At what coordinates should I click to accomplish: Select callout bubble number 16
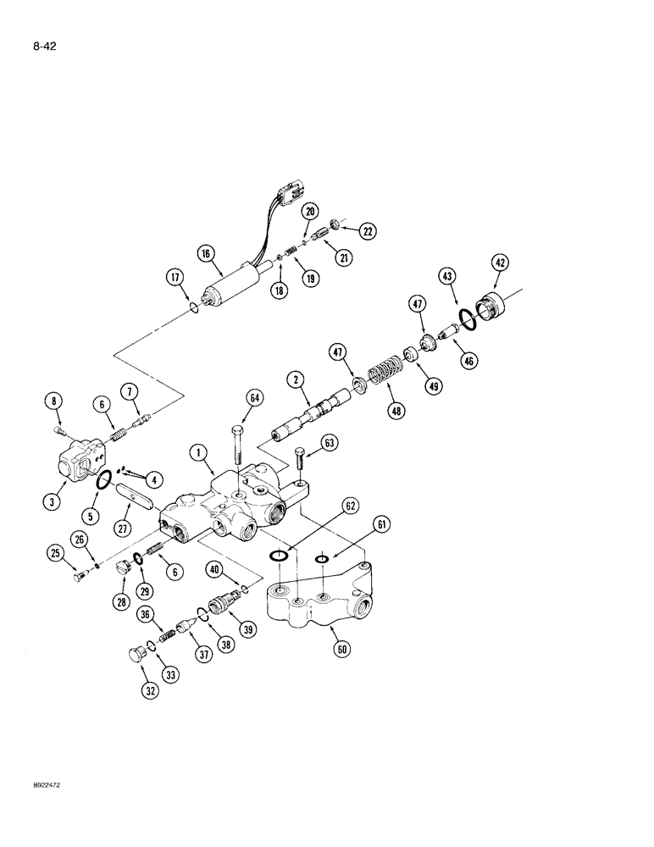click(204, 252)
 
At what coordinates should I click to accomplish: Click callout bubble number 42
click(501, 263)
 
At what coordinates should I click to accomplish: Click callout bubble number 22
click(368, 230)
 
